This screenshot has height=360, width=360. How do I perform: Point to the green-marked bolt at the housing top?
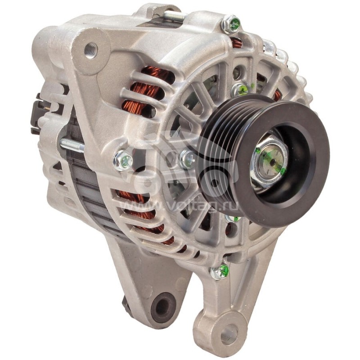231,24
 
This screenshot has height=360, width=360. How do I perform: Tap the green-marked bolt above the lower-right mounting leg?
220,271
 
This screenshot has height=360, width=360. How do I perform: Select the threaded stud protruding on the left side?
72,145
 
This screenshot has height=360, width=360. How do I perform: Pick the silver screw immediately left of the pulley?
187,158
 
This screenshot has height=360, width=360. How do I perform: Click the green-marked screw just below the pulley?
233,219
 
